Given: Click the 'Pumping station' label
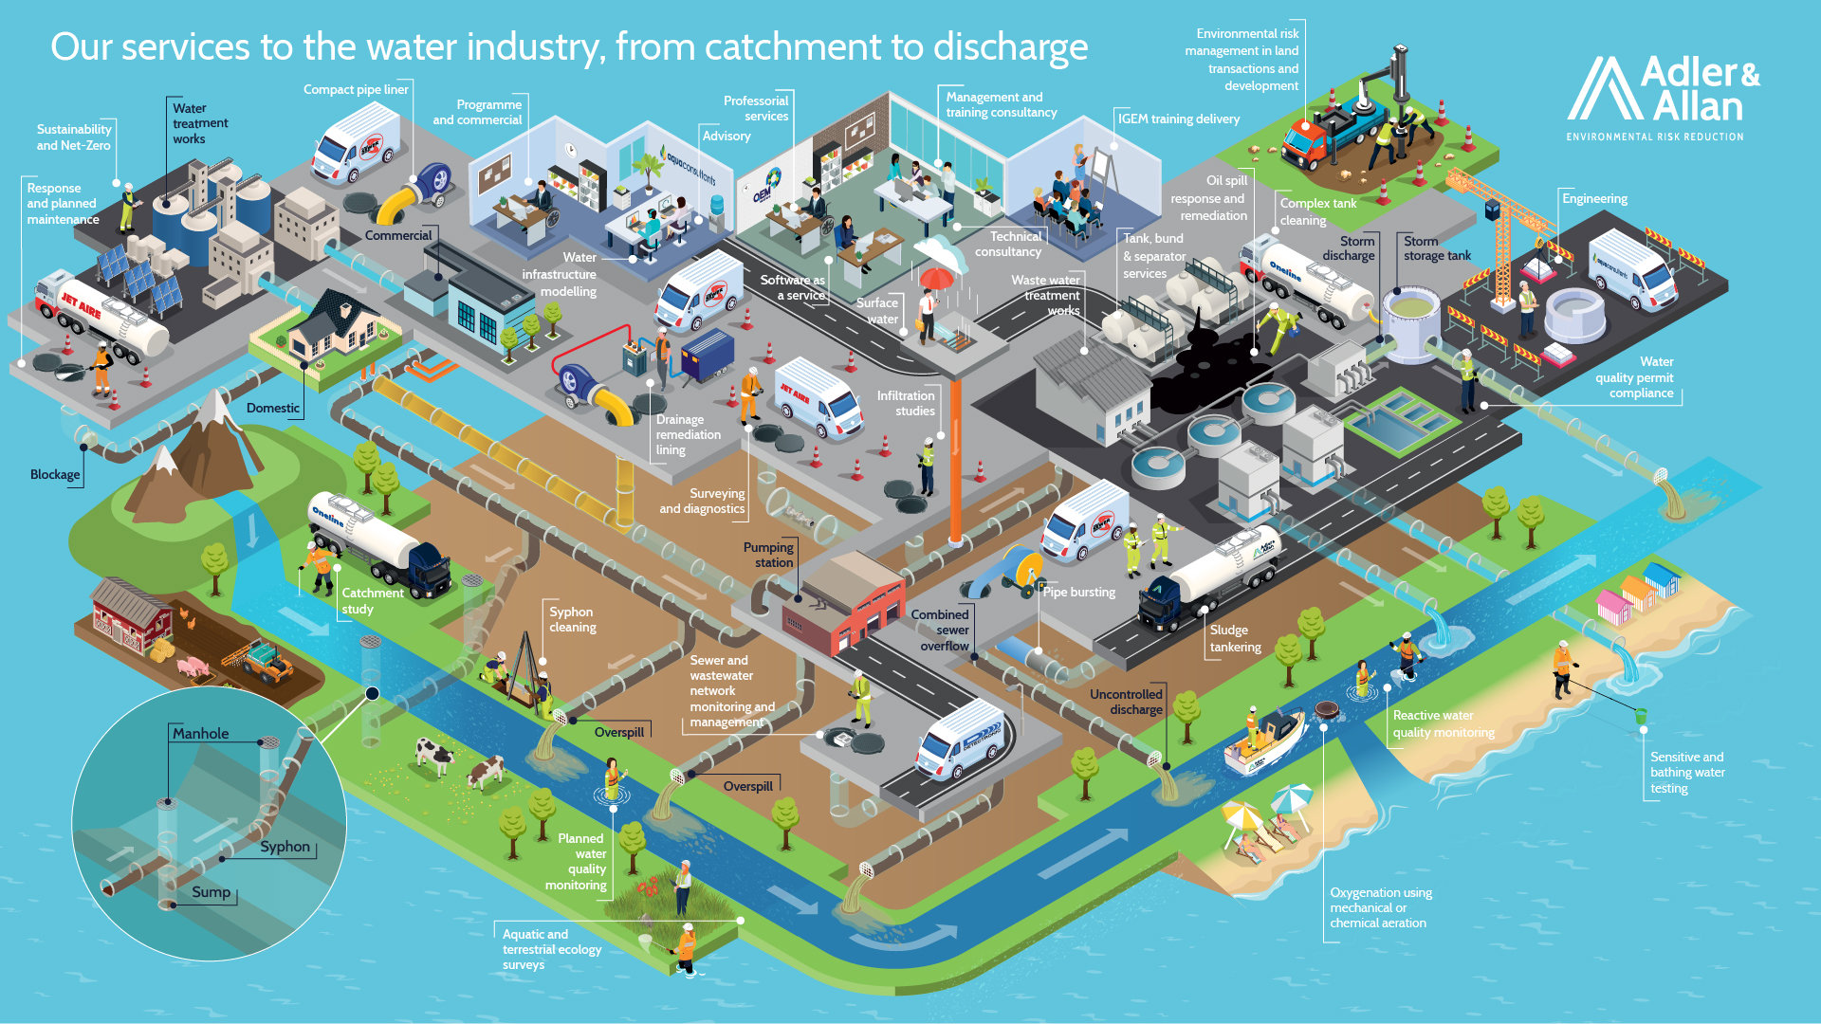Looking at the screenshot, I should [768, 555].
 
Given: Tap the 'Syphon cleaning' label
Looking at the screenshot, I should [572, 619].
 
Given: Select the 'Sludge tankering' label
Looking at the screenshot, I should [1235, 638].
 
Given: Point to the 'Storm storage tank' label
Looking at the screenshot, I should [1437, 248].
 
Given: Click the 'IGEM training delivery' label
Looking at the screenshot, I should [1178, 119].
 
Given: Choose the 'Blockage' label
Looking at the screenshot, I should [55, 474].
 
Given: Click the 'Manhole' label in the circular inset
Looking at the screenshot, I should [200, 733].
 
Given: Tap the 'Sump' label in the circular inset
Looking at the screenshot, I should [211, 891].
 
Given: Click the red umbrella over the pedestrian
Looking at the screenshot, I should [936, 278].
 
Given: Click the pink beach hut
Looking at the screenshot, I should [1613, 605].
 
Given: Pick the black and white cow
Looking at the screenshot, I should [435, 755].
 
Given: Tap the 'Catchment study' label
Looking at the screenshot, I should [372, 600].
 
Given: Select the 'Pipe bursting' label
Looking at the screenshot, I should [1079, 592].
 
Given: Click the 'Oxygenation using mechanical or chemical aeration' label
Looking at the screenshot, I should [1380, 907].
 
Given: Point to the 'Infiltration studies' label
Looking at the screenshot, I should [906, 403].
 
